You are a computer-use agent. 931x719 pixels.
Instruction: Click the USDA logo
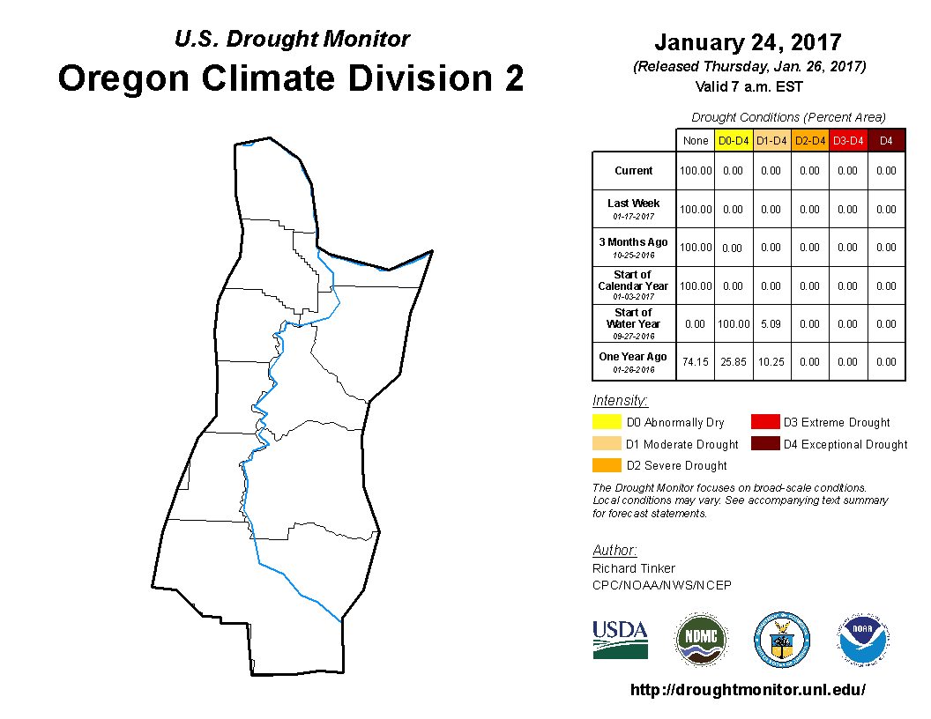(620, 640)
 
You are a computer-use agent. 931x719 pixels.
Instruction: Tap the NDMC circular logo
(701, 639)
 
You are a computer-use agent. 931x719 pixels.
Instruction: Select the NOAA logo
(863, 640)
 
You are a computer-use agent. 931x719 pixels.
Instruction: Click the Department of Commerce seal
(782, 640)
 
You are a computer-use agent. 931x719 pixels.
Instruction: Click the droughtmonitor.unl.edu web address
(748, 689)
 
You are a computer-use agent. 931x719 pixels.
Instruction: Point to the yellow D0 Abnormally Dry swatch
(607, 422)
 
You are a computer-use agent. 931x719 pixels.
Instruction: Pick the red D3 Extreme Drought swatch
(764, 422)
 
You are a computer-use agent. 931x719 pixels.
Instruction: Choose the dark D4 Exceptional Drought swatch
(764, 444)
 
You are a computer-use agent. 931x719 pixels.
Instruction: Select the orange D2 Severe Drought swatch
(607, 465)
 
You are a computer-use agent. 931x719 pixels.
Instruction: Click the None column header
(696, 141)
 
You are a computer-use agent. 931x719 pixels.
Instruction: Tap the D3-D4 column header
(848, 141)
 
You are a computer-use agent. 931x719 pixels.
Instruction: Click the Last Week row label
(634, 209)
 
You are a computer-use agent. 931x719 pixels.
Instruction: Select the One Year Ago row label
(633, 361)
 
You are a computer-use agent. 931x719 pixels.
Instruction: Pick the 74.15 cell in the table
(696, 362)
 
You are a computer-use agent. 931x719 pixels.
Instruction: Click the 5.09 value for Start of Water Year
(771, 324)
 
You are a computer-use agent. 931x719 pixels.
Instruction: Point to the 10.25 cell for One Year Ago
(771, 362)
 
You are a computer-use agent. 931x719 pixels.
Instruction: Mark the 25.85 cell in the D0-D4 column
(734, 362)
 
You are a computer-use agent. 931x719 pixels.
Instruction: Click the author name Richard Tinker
(634, 568)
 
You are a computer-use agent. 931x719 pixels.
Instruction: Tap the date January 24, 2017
(749, 42)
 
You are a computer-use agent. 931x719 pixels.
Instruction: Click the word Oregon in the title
(123, 79)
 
